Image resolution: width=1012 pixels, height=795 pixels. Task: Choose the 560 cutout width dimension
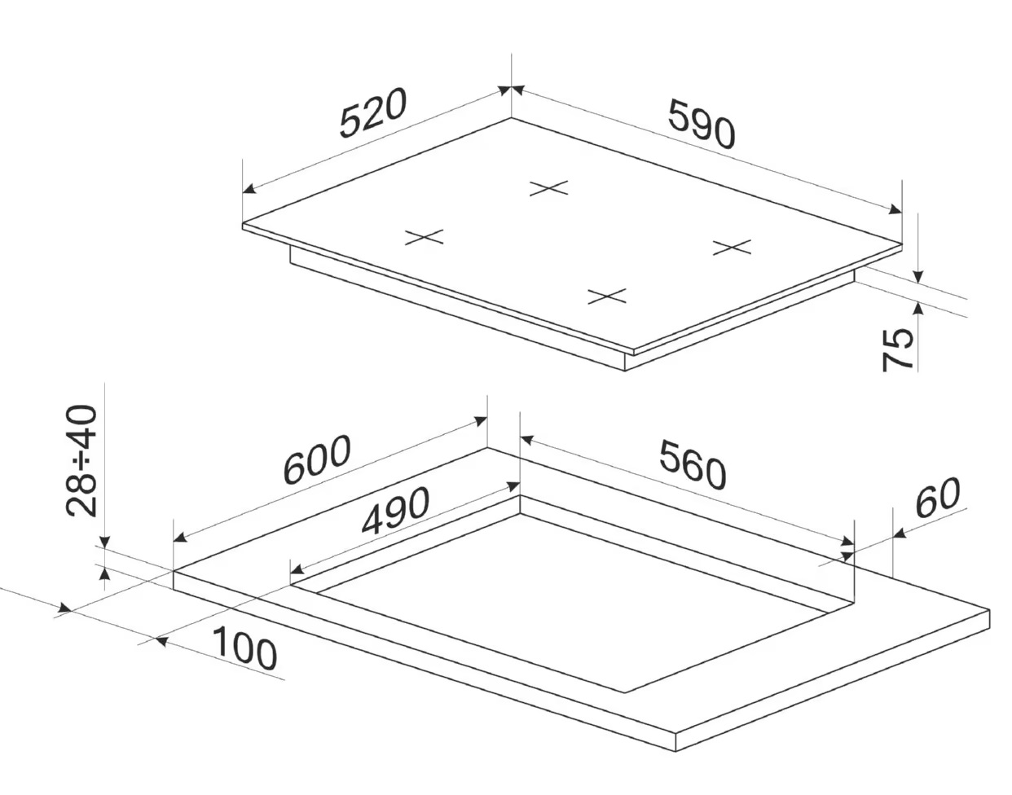(x=692, y=465)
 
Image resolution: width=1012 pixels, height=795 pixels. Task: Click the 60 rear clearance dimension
(x=937, y=499)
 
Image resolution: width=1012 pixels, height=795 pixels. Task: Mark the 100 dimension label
(x=244, y=649)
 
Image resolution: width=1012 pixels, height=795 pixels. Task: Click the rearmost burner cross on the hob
(x=548, y=188)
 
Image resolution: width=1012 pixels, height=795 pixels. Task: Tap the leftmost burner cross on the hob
(x=425, y=237)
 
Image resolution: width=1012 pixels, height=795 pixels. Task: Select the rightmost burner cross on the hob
(x=731, y=246)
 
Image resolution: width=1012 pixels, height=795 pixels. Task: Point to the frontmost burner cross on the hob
(x=607, y=296)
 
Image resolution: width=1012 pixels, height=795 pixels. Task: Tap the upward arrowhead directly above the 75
(x=917, y=307)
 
